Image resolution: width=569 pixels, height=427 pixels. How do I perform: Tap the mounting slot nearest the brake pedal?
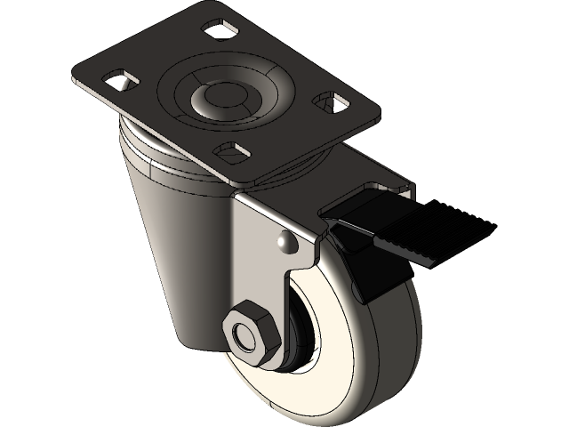coord(335,106)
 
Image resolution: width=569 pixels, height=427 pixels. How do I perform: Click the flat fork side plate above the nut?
coord(267,267)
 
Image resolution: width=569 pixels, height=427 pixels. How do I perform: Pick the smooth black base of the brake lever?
coord(356,222)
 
